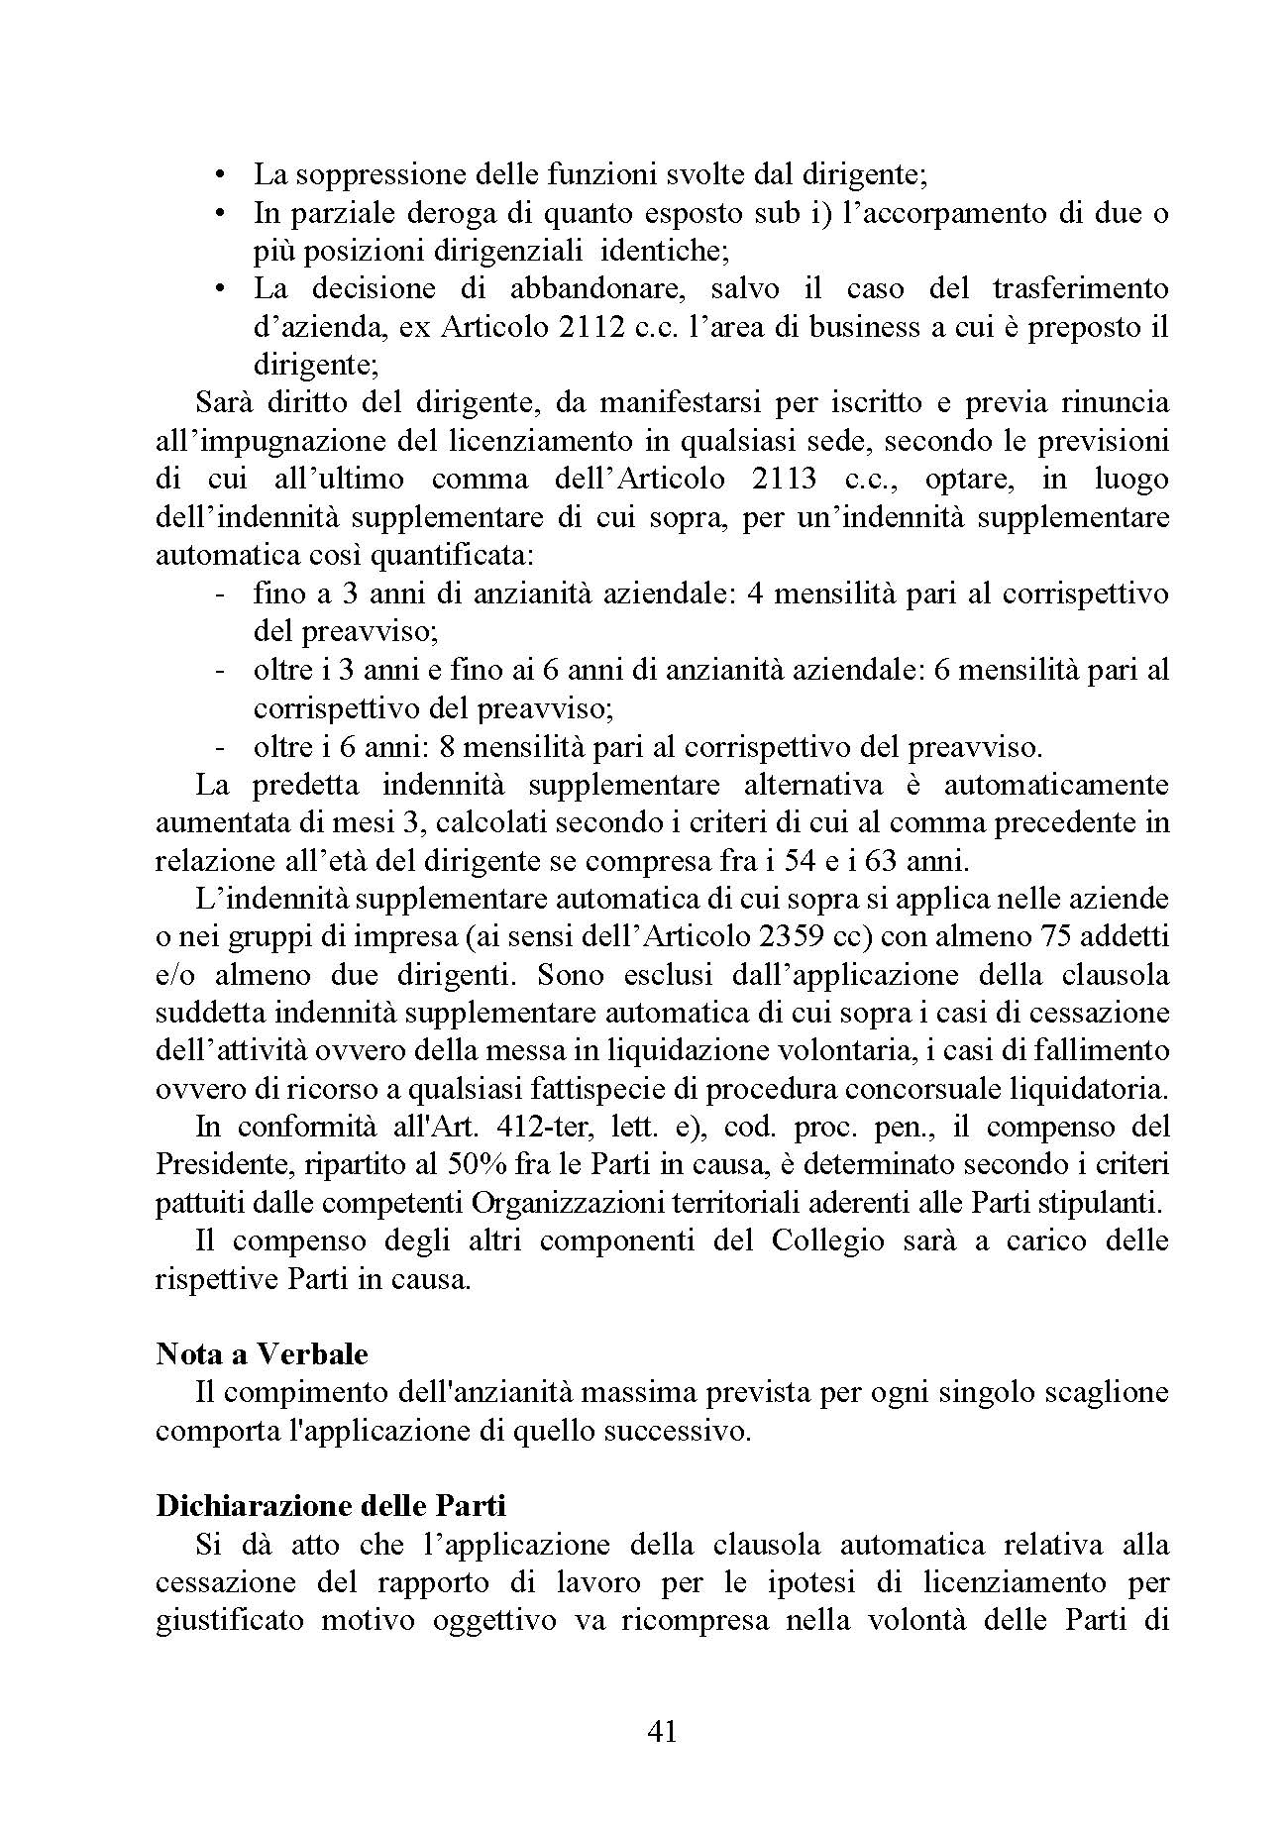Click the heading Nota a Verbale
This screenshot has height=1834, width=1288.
pyautogui.click(x=262, y=1354)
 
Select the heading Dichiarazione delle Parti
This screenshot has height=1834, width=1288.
pyautogui.click(x=331, y=1506)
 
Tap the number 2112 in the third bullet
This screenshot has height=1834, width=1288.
pyautogui.click(x=591, y=328)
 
